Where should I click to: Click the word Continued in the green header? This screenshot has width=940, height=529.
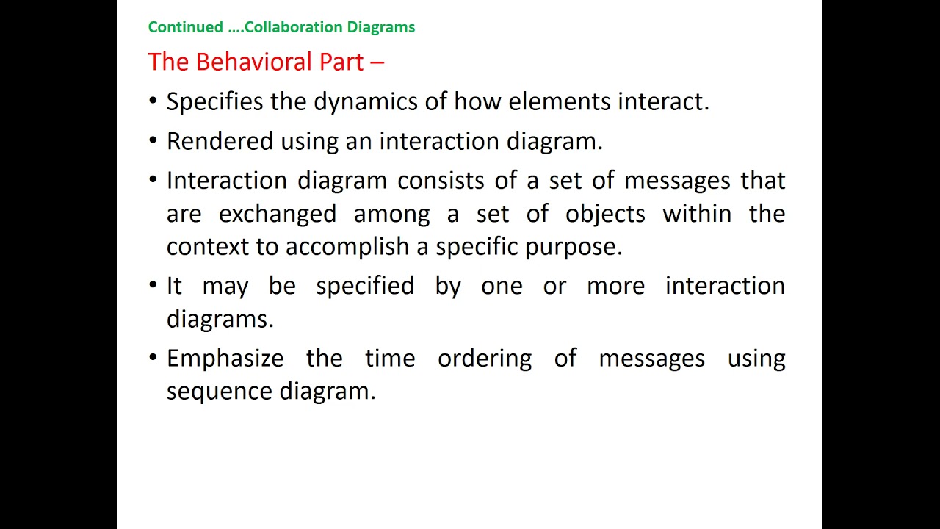(x=185, y=27)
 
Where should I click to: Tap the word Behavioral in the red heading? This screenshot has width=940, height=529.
(x=255, y=62)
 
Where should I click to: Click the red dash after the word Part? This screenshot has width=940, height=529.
(x=377, y=62)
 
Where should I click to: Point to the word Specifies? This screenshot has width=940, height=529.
(x=214, y=101)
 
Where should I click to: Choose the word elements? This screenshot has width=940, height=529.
(x=560, y=101)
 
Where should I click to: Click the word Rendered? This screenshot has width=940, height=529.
(x=220, y=141)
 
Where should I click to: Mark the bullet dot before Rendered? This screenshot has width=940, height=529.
(x=153, y=141)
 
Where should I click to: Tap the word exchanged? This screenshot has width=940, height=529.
(x=278, y=214)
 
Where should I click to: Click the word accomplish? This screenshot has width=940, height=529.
(x=348, y=247)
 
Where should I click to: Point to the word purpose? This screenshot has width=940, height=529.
(x=573, y=248)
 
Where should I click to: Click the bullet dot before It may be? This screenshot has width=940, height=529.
(x=153, y=285)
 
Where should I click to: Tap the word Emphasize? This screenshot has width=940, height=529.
(x=225, y=359)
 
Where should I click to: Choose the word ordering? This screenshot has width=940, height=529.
(x=484, y=359)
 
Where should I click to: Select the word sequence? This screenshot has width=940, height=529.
(x=220, y=392)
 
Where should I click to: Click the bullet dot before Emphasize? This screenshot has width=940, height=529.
(x=153, y=358)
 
